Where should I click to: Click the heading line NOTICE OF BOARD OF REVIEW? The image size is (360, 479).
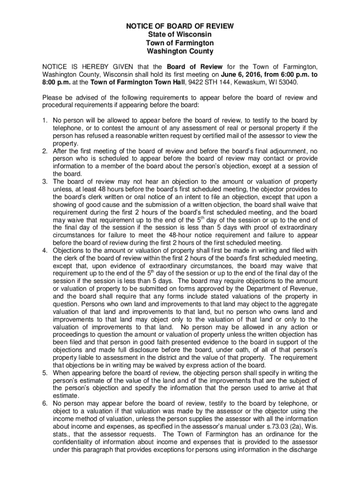[180, 27]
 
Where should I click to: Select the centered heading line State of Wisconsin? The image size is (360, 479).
[180, 35]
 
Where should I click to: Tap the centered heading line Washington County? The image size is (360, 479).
[180, 51]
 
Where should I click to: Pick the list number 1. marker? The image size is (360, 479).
[45, 120]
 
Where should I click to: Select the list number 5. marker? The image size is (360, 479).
[45, 373]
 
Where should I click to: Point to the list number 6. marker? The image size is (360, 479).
[45, 403]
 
